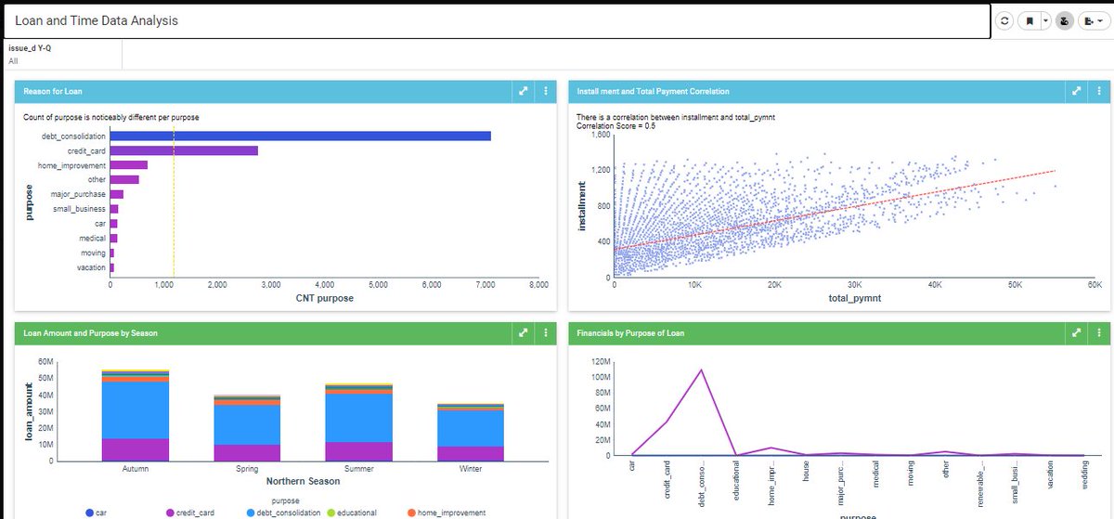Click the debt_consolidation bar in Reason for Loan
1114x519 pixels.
[301, 136]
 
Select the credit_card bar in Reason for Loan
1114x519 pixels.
[184, 150]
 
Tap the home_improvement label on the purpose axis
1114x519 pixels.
[79, 165]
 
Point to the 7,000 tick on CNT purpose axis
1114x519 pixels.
[484, 285]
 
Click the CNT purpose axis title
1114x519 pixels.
[324, 298]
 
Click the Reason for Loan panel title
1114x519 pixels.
[53, 91]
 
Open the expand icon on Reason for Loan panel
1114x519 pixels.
[524, 91]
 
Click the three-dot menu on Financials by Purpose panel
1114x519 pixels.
[1099, 332]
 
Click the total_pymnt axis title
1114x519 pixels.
[854, 298]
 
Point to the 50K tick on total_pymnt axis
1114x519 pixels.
[1015, 285]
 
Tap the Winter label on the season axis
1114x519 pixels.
[471, 469]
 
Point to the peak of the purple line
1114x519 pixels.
[701, 370]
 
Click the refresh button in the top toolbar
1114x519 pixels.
[1004, 20]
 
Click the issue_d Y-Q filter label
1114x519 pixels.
[30, 48]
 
